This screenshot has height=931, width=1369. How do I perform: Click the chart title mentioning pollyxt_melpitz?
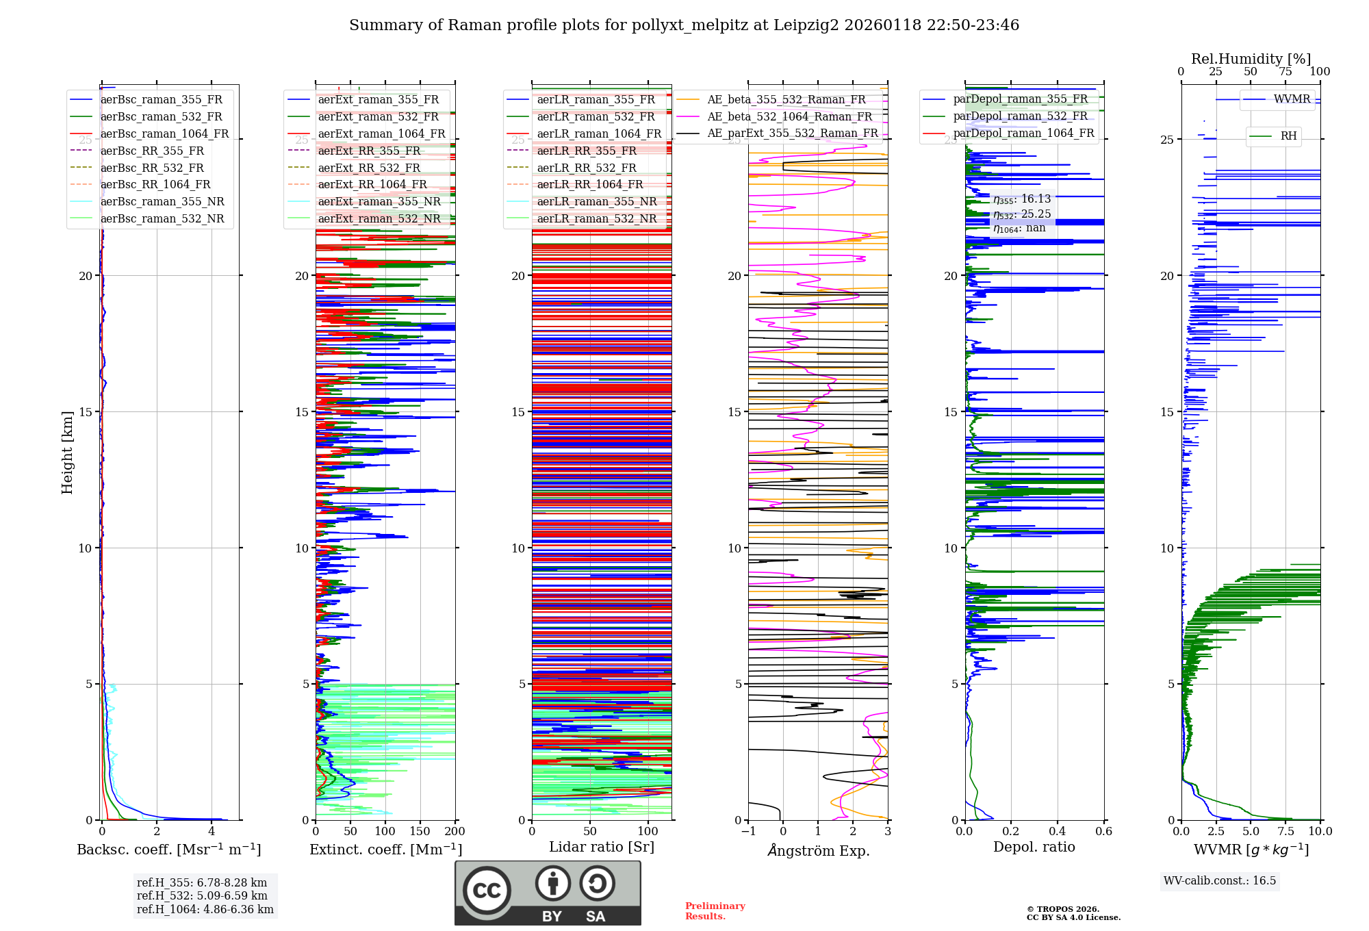684,25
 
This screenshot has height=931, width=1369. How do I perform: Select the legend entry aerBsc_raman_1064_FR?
164,133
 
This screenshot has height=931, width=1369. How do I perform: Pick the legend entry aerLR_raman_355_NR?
596,201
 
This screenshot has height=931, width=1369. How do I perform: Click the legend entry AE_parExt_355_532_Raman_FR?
792,133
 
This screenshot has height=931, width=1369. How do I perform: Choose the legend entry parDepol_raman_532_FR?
1020,116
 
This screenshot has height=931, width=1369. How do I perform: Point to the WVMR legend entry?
1292,99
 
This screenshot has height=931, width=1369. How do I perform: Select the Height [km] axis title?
67,452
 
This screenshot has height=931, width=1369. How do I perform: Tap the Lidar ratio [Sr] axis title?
602,847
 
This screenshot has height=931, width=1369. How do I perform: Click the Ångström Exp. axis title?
818,850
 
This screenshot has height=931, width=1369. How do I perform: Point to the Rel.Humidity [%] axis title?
1251,59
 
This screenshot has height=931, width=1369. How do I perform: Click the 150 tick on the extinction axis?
420,831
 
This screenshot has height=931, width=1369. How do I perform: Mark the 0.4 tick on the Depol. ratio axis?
1057,831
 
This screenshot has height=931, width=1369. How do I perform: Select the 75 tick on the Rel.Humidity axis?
1285,72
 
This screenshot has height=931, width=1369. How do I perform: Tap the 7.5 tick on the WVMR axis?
1285,831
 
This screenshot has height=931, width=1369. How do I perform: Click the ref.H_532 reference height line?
202,895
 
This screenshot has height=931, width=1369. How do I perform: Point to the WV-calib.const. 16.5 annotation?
1220,880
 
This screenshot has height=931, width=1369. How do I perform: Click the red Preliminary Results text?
715,910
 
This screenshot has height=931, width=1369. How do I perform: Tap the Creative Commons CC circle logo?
487,890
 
